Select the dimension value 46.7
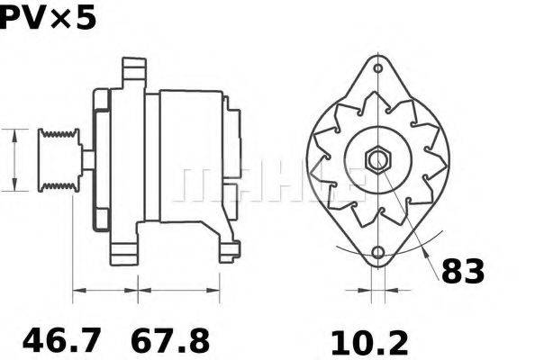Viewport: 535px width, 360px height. click(61, 341)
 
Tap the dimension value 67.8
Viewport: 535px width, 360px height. click(170, 341)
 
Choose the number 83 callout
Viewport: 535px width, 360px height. click(463, 270)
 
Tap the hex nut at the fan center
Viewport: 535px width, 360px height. click(376, 160)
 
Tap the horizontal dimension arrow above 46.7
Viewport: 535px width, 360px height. click(104, 291)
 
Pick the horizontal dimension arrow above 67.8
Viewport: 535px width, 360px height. click(178, 291)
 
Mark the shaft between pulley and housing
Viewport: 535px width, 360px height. click(87, 160)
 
